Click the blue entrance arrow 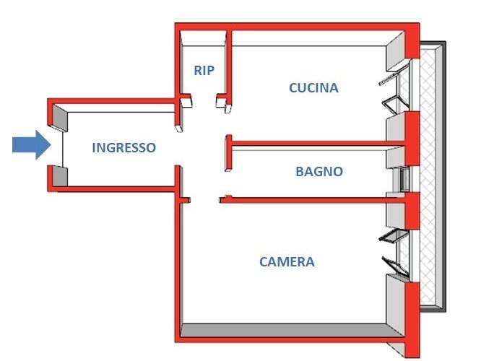click(x=32, y=145)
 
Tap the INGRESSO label click(x=124, y=148)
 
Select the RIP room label click(x=204, y=71)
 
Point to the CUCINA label click(x=313, y=88)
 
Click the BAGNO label click(x=319, y=171)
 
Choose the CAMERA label click(x=287, y=262)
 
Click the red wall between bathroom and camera click(x=313, y=200)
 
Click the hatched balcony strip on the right click(x=428, y=176)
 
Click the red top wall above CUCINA click(x=297, y=27)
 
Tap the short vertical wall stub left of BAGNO click(x=228, y=153)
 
